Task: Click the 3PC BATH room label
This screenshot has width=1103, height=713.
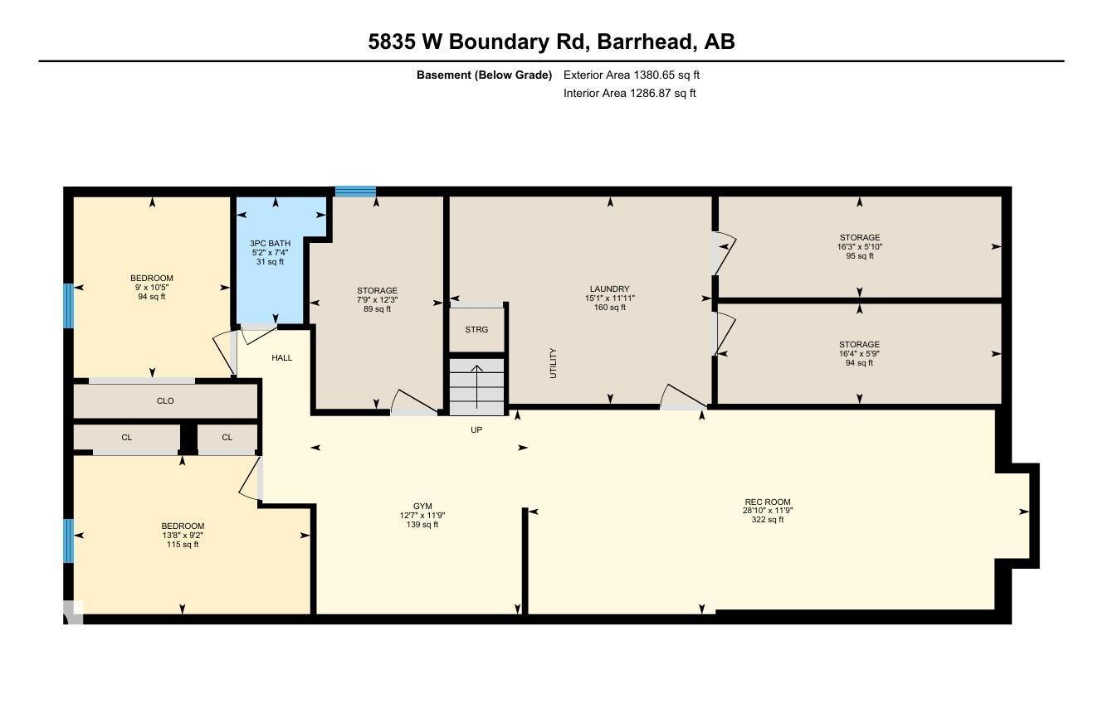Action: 270,244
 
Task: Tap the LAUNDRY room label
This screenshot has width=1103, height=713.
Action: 610,289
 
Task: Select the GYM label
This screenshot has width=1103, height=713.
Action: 422,506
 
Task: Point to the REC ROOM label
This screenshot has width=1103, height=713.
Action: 768,502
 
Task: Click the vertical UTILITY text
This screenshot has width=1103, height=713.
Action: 553,363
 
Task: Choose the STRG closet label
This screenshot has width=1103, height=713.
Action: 476,329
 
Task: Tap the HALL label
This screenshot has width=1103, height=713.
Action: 281,358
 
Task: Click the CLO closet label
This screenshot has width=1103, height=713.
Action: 165,400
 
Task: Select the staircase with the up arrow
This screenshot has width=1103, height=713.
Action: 476,387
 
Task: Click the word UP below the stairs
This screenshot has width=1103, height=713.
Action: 476,429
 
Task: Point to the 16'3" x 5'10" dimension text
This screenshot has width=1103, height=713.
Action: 860,247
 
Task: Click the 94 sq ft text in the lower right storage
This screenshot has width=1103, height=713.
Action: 859,363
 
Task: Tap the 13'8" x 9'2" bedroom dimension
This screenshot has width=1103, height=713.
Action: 183,535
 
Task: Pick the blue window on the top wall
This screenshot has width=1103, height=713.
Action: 355,192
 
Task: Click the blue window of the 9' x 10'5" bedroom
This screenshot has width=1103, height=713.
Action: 68,306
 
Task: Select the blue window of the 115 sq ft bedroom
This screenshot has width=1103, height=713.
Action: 68,541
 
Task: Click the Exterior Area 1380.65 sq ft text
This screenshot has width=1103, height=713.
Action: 632,75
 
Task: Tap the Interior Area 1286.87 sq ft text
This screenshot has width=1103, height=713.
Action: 629,94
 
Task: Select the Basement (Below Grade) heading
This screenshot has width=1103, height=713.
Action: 484,75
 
